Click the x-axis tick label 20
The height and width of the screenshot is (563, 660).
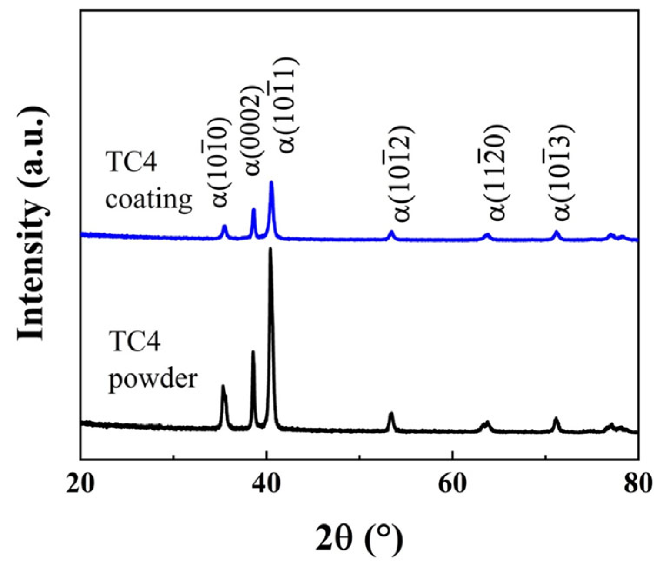(80, 484)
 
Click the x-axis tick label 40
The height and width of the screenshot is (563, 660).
(266, 484)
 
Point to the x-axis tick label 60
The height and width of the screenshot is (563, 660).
(452, 484)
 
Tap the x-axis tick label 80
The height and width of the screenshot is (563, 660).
(638, 484)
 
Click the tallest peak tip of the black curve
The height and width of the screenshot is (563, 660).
(270, 249)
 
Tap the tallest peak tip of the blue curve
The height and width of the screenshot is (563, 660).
(271, 182)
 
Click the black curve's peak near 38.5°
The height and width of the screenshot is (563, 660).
(253, 351)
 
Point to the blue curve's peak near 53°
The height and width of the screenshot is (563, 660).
(391, 232)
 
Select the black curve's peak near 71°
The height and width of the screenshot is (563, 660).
(556, 418)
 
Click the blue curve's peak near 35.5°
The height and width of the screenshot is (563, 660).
(224, 226)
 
